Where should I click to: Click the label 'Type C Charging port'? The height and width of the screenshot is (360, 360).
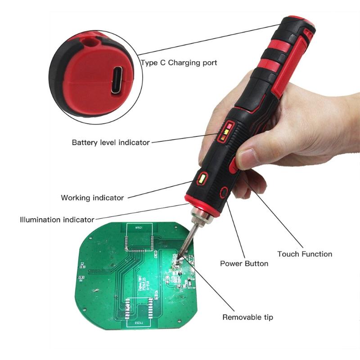point(179,63)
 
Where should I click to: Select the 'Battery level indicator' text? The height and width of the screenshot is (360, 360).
point(111,142)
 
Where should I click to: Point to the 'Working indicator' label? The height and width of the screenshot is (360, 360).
point(92,198)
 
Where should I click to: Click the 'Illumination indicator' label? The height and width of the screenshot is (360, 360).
point(57,220)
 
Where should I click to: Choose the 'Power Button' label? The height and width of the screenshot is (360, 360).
point(244,263)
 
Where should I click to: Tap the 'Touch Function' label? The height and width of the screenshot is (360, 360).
point(305,254)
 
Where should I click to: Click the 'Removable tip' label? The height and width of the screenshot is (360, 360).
point(248,317)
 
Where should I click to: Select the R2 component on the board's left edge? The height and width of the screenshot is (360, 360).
point(82,265)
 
